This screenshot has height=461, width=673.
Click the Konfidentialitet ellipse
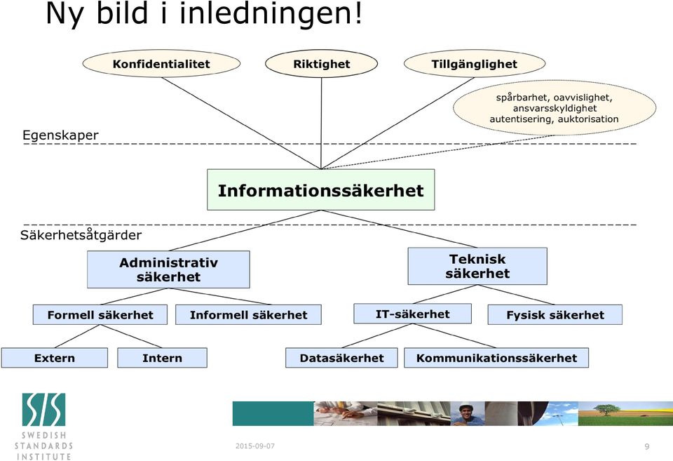(161, 64)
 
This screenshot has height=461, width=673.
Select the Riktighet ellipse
(322, 64)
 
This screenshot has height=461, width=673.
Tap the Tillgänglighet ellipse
(475, 64)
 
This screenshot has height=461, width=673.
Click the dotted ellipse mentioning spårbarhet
(554, 108)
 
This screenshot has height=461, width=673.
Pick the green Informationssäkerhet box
(320, 189)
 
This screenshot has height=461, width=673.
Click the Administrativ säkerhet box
(168, 269)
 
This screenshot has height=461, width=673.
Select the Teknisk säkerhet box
(477, 266)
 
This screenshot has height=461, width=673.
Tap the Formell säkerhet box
(100, 314)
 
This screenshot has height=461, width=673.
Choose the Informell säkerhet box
(248, 314)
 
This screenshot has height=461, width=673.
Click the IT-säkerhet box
(412, 314)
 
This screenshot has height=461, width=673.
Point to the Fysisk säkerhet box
(555, 314)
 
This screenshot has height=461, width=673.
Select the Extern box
(55, 358)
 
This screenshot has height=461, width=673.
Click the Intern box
(162, 358)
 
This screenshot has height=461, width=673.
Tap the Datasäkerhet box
(341, 358)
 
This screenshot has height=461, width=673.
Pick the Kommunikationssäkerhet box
(496, 358)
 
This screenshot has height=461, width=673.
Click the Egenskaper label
(60, 135)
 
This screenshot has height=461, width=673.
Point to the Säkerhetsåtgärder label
(81, 234)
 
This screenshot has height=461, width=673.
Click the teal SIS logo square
(43, 410)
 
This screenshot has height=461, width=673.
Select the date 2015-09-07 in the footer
(255, 446)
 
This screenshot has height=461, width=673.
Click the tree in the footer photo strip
(605, 409)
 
